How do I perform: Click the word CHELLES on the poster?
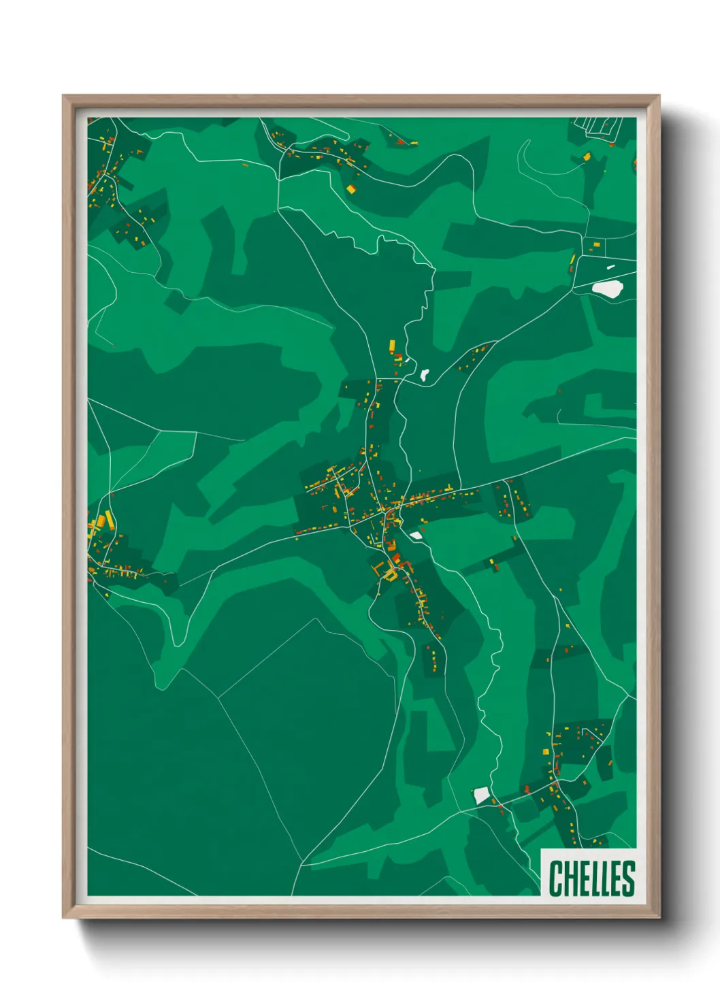click(591, 878)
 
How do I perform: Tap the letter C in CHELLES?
click(555, 878)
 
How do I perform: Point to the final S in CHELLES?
click(628, 878)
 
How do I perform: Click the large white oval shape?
click(607, 288)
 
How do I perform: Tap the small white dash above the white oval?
click(610, 267)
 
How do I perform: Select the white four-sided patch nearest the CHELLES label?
click(482, 795)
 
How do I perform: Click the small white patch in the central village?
click(416, 535)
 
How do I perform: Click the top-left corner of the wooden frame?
click(64, 97)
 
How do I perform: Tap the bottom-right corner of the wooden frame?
click(659, 917)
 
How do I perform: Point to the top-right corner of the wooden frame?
click(659, 97)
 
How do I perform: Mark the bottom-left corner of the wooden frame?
click(64, 917)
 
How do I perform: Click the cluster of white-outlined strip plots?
click(598, 126)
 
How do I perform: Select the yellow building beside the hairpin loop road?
click(586, 157)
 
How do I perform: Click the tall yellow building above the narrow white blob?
click(392, 347)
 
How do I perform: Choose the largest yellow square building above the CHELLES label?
click(545, 751)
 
